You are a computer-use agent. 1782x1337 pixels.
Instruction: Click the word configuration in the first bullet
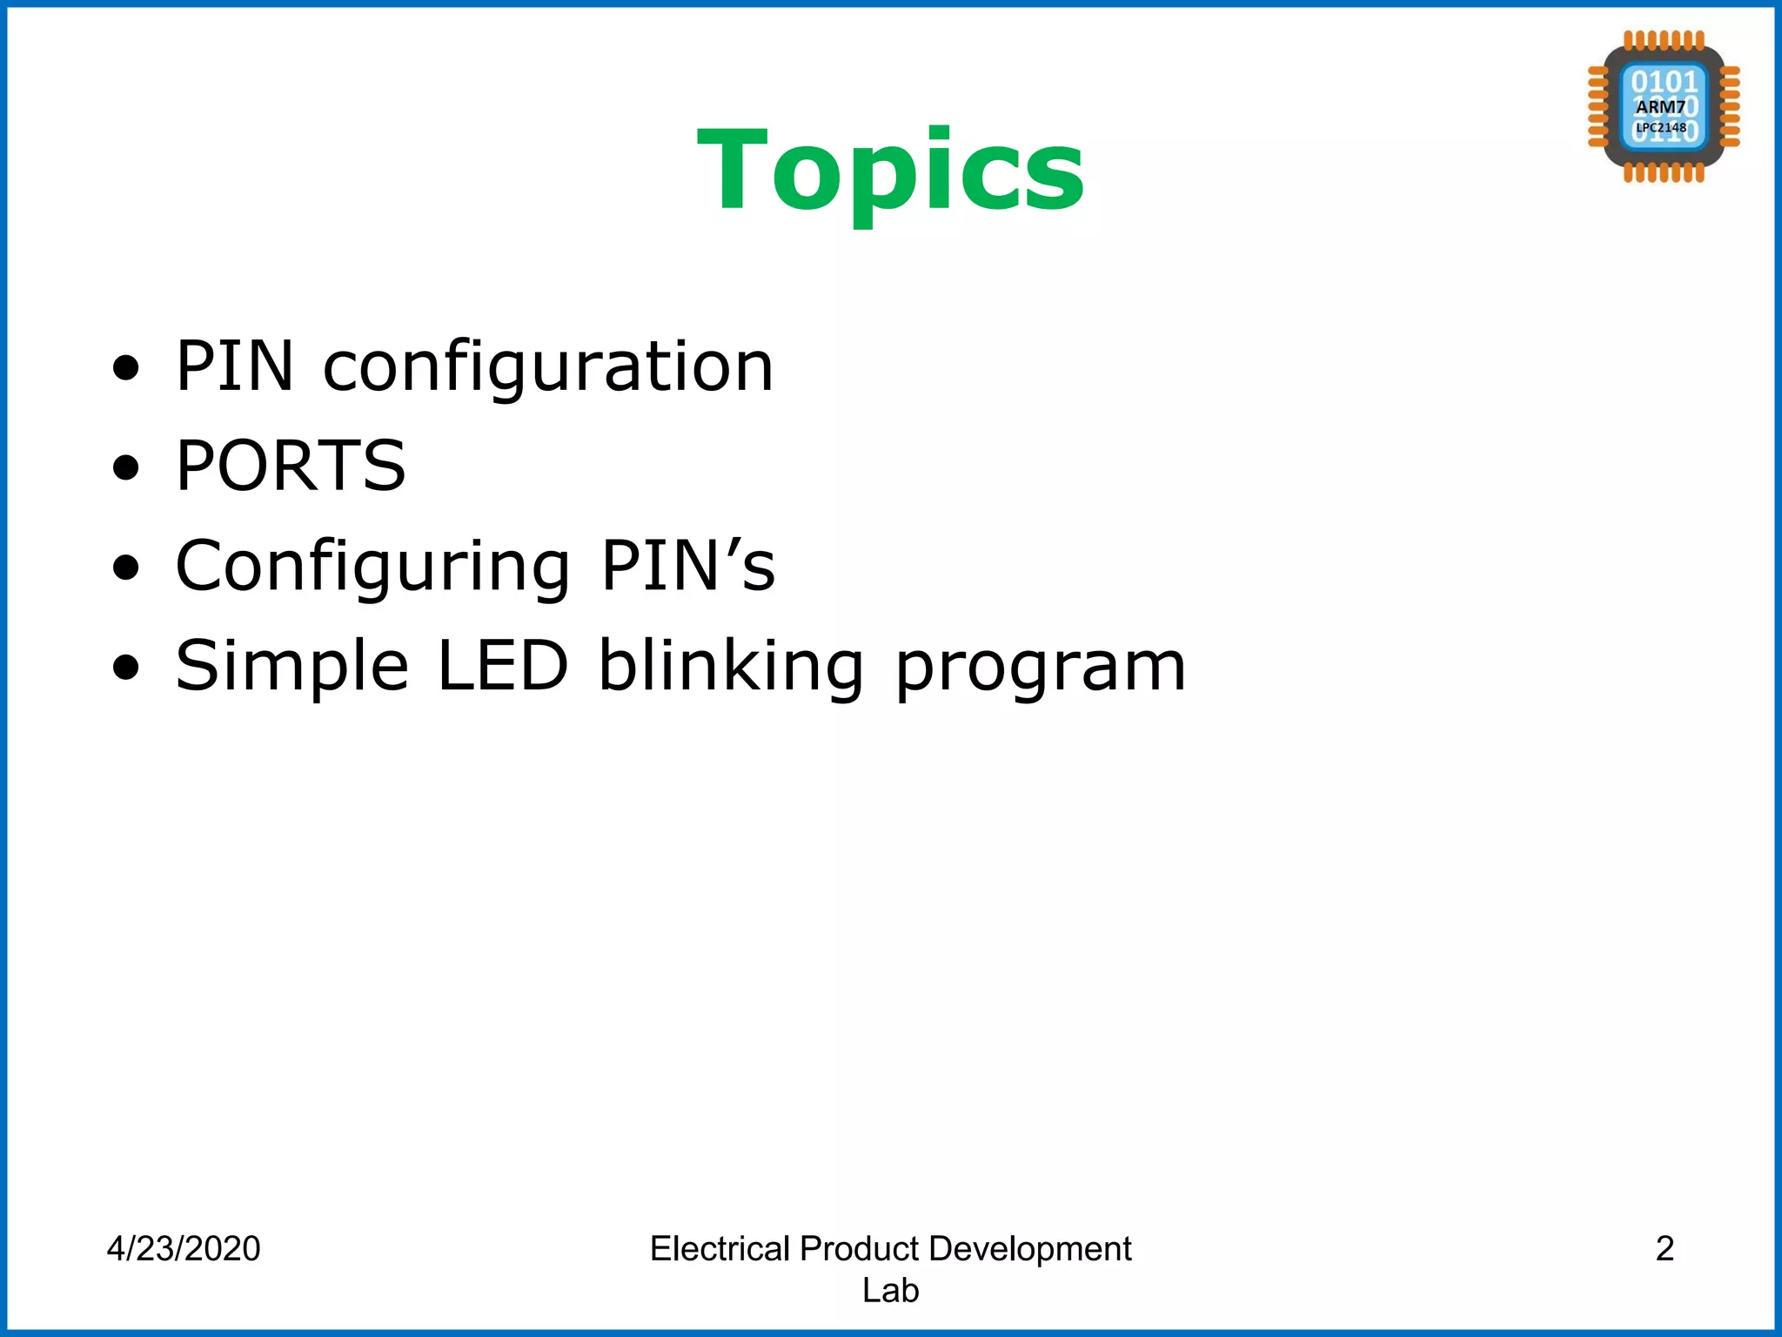pos(548,366)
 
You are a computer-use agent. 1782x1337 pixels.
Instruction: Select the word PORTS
pos(291,466)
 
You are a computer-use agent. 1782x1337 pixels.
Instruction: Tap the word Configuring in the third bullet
pos(373,566)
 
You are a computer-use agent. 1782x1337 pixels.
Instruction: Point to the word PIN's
pos(687,566)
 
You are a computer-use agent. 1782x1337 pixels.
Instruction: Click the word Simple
pos(292,666)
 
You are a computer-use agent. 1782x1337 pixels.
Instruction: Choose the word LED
pos(503,666)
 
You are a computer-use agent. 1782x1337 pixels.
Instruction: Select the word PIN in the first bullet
pos(235,366)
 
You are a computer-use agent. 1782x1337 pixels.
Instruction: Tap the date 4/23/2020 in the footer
pos(184,1248)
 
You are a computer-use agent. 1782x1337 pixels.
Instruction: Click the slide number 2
pos(1665,1248)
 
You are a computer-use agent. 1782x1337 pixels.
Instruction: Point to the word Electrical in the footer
pos(720,1248)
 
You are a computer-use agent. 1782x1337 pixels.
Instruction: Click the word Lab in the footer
pos(890,1290)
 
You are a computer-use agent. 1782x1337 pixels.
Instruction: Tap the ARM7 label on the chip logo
pos(1660,107)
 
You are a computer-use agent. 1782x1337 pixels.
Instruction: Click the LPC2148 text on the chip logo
pos(1661,128)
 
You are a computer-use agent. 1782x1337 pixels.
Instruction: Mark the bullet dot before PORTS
pos(126,467)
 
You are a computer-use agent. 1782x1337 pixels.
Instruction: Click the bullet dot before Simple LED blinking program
pos(126,668)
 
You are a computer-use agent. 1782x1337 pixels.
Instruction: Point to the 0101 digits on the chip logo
pos(1665,82)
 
